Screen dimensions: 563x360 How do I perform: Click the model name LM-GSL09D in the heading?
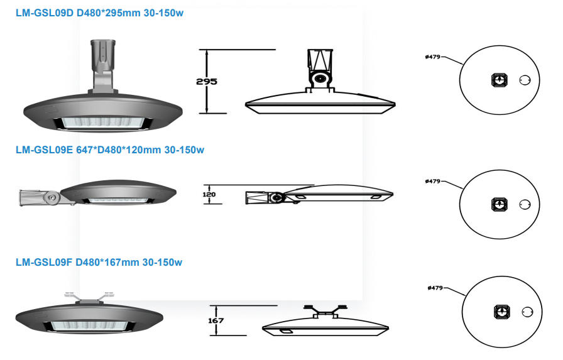click(x=45, y=13)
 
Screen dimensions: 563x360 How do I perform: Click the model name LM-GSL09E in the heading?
click(x=44, y=150)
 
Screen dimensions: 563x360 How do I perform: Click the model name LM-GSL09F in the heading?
click(x=44, y=263)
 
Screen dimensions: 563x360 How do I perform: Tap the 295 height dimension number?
click(x=207, y=82)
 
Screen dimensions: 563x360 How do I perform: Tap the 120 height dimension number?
click(x=209, y=195)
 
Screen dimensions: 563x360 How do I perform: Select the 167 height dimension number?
click(x=216, y=320)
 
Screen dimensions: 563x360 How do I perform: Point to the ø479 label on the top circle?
click(x=433, y=57)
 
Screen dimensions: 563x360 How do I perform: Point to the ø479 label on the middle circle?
click(x=433, y=181)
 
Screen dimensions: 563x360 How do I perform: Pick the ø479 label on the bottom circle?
click(x=435, y=288)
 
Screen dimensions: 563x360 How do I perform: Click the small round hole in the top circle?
click(x=525, y=80)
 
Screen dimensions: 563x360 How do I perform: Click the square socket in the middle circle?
click(x=500, y=204)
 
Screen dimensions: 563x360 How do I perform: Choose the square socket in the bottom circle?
click(x=502, y=312)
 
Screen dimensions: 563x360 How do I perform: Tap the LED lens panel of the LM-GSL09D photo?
click(x=102, y=123)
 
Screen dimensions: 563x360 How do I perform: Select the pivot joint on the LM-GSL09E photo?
click(x=52, y=197)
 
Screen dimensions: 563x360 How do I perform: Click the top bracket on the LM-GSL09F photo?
click(x=89, y=298)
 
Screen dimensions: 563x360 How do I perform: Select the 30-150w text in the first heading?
click(x=164, y=13)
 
